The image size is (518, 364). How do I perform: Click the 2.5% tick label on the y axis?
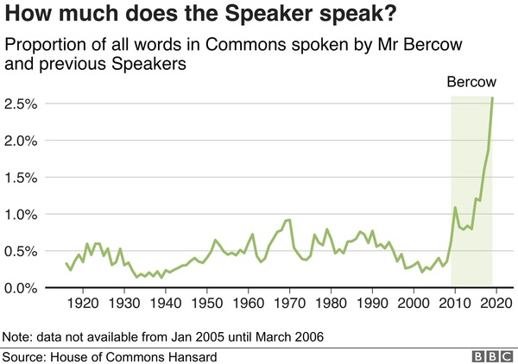tap(20, 104)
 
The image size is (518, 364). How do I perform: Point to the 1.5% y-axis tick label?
tap(20, 178)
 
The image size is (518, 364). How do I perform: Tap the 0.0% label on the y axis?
tap(20, 288)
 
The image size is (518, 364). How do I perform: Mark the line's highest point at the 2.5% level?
tap(492, 97)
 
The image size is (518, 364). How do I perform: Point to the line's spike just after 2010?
tap(455, 208)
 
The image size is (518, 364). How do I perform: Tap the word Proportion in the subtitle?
tap(42, 45)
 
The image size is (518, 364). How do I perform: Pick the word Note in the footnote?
tap(18, 336)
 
